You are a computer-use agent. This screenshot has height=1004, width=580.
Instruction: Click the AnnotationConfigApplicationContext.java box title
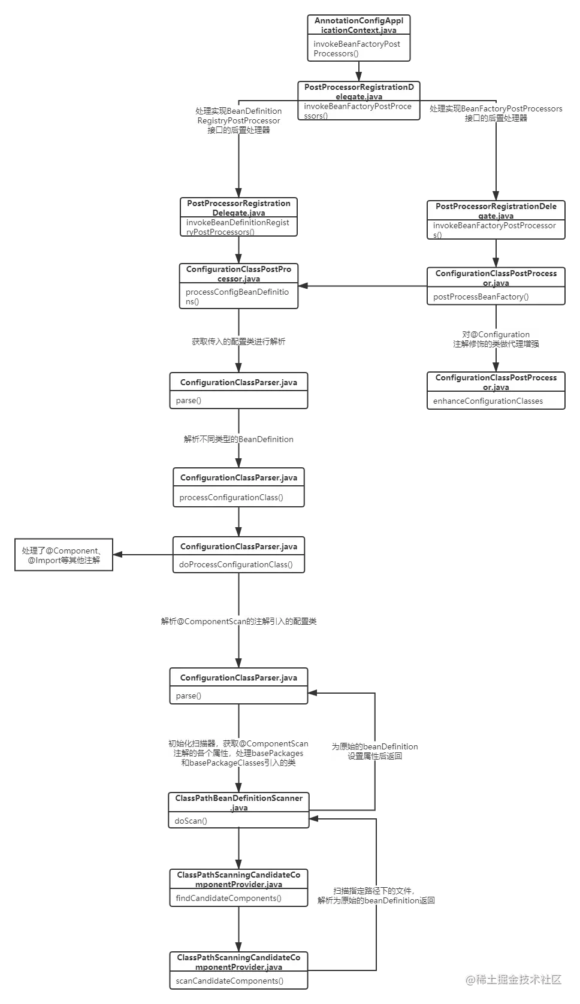359,25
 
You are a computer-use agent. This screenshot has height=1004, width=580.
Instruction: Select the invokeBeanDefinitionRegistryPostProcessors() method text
237,227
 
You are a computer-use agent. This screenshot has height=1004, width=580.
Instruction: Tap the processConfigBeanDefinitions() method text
237,297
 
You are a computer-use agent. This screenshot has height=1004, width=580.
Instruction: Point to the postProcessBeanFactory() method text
481,297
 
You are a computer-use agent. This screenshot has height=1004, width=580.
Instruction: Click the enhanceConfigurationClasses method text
488,401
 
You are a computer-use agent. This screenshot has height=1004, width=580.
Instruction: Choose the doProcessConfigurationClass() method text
235,564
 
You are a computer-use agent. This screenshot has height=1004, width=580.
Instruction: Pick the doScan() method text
191,821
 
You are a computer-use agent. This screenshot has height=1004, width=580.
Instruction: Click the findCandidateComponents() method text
228,898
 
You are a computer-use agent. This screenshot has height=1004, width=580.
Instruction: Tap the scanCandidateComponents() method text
229,981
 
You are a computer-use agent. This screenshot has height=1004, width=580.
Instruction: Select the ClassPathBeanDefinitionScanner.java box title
239,803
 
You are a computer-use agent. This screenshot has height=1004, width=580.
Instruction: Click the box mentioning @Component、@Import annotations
64,556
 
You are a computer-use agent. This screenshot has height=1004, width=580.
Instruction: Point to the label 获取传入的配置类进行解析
239,342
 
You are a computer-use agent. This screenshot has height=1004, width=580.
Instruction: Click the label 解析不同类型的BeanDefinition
239,439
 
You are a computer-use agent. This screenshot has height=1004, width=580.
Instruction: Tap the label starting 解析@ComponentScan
239,621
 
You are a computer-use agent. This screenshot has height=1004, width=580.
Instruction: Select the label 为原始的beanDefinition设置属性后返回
376,751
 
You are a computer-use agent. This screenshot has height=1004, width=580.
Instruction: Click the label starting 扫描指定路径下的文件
376,896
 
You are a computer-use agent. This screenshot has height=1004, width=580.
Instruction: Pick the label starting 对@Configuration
496,339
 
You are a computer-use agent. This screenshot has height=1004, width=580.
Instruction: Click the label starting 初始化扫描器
239,753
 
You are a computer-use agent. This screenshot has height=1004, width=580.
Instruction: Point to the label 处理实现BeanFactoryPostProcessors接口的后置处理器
496,113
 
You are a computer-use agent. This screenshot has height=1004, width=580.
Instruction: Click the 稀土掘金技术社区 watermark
513,979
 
